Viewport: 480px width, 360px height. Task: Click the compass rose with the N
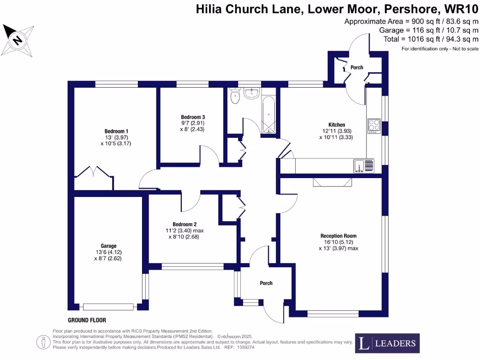[18, 40]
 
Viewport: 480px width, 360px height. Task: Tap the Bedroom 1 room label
[116, 131]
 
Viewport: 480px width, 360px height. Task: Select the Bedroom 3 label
[193, 117]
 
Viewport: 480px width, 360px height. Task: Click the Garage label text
[108, 246]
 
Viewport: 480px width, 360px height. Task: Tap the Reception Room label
[338, 236]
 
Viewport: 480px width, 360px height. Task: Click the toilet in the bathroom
[235, 97]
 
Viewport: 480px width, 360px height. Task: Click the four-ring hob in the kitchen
[374, 125]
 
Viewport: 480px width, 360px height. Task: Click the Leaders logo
[387, 343]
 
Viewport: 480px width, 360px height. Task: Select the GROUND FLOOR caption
[87, 321]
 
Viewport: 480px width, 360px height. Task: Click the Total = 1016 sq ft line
[431, 39]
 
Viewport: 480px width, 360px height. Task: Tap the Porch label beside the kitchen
[357, 67]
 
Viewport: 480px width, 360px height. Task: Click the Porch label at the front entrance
[266, 283]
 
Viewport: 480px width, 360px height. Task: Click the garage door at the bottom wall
[109, 307]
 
